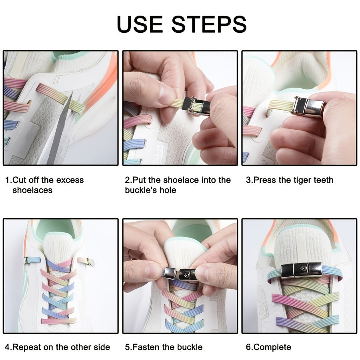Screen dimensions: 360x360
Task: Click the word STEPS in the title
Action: pos(209,24)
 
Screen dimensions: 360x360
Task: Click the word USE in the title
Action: pos(140,24)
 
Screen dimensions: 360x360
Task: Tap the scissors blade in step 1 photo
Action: pos(60,128)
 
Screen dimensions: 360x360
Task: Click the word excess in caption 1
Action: pos(70,180)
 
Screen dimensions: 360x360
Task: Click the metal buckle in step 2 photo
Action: pos(196,106)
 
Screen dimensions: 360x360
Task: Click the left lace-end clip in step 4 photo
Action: pos(26,261)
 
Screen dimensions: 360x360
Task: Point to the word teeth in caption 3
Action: pos(324,180)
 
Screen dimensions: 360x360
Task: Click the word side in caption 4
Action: pos(102,347)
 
